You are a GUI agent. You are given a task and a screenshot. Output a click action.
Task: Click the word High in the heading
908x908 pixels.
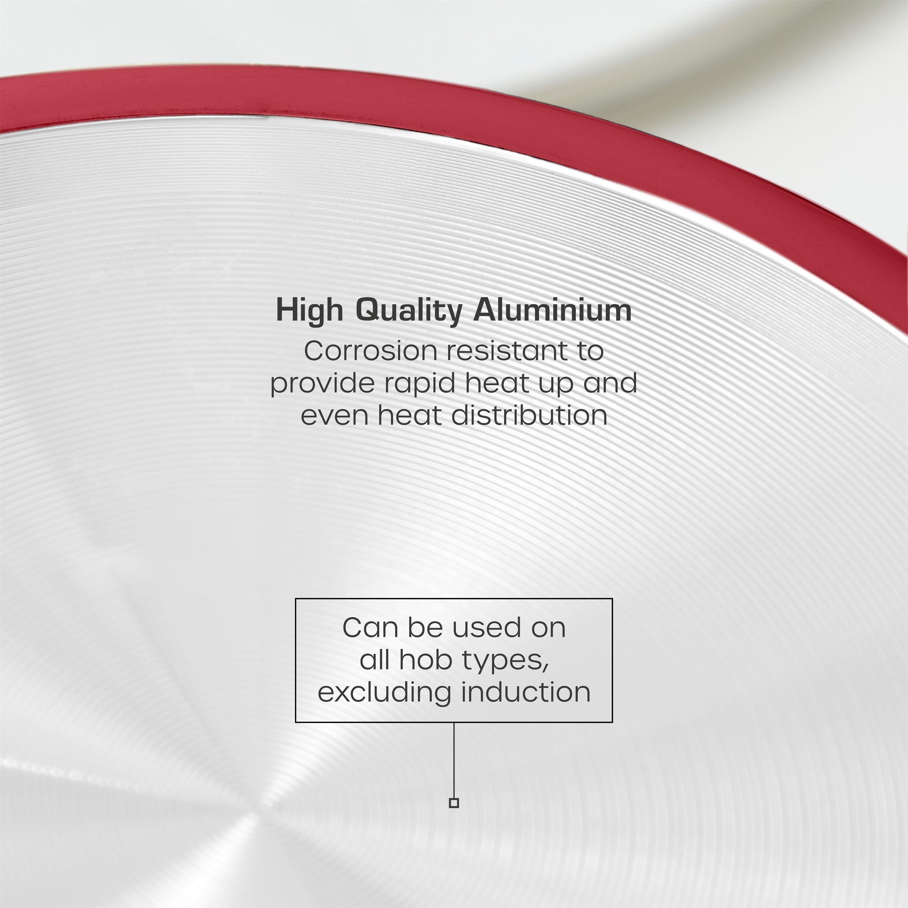pyautogui.click(x=309, y=311)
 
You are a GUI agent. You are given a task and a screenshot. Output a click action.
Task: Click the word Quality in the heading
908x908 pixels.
pyautogui.click(x=407, y=311)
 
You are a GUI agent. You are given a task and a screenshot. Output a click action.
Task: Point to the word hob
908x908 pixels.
pyautogui.click(x=420, y=660)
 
